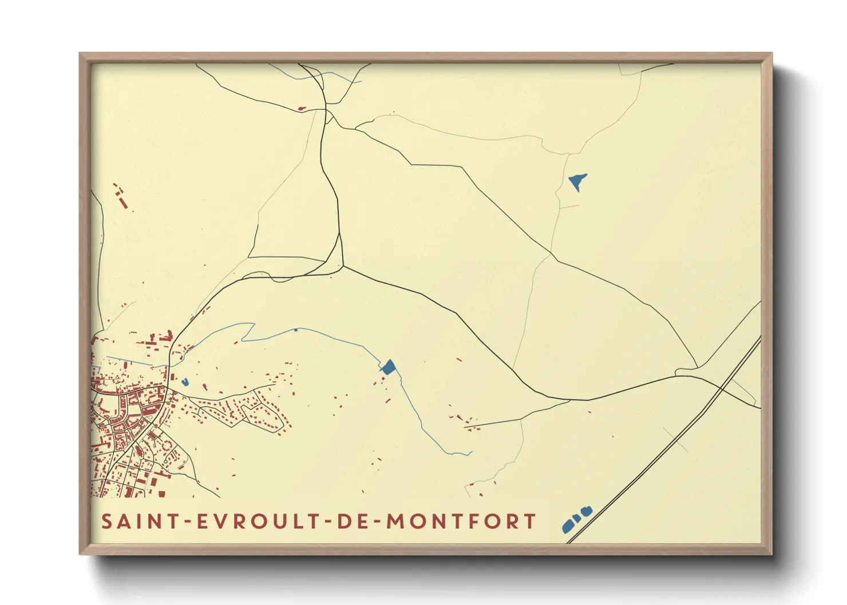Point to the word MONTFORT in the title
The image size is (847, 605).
(x=461, y=522)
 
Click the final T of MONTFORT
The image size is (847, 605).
(x=530, y=522)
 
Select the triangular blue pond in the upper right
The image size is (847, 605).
(x=578, y=181)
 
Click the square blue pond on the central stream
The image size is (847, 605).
(x=389, y=367)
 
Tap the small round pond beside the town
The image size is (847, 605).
(x=185, y=382)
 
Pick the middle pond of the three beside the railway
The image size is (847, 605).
(x=576, y=518)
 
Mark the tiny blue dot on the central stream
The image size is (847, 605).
(x=295, y=330)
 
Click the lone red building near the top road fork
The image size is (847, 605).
(x=302, y=108)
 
